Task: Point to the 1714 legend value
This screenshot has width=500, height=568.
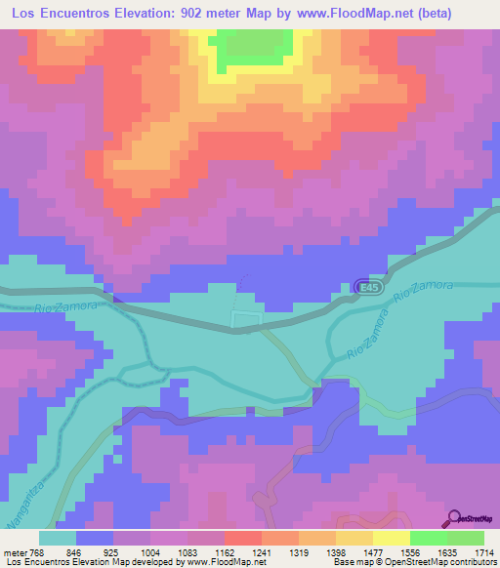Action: [482, 551]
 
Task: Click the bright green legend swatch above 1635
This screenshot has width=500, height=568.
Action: [429, 538]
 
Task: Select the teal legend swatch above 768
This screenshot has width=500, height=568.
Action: [58, 538]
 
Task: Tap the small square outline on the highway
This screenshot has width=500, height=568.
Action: [246, 319]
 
